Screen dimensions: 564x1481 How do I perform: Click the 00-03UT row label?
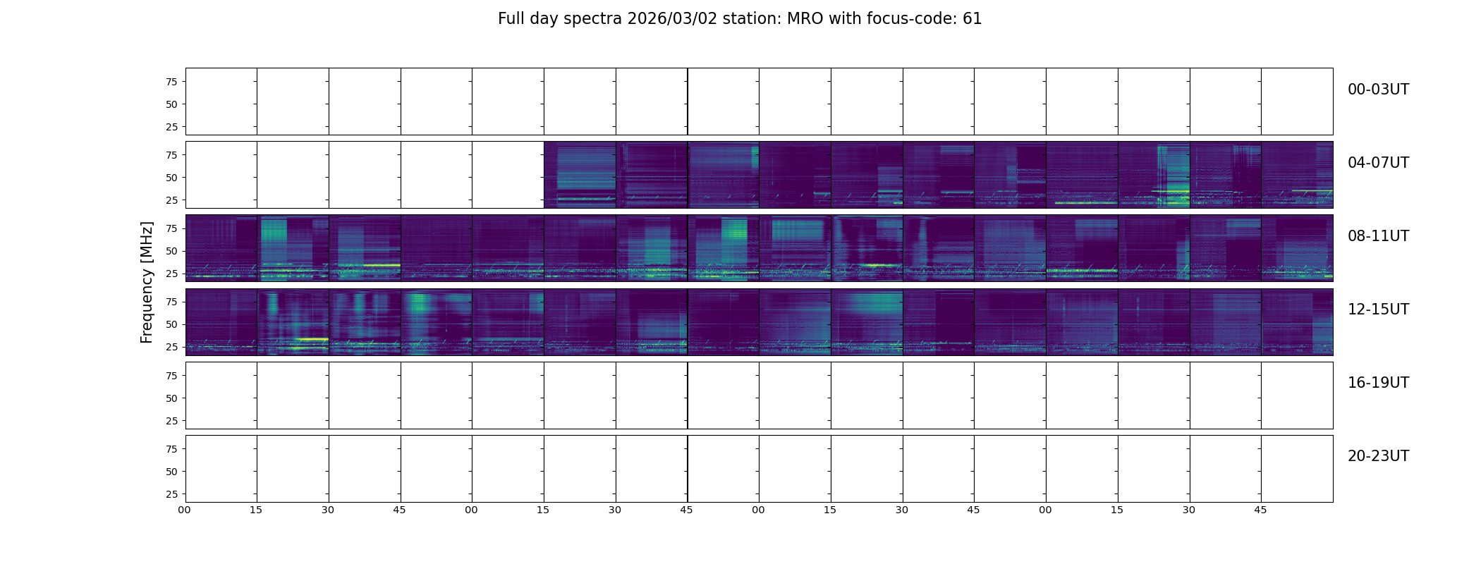click(x=1378, y=90)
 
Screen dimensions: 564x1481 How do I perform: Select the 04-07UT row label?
click(x=1378, y=163)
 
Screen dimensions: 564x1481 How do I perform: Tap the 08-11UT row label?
click(x=1378, y=236)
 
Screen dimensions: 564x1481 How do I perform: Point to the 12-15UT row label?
click(x=1378, y=309)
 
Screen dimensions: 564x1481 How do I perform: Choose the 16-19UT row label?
click(x=1378, y=383)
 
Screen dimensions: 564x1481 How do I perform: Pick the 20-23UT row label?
click(x=1378, y=456)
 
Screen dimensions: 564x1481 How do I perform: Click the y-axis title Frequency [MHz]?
click(x=147, y=282)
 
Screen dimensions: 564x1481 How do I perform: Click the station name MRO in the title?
click(x=797, y=19)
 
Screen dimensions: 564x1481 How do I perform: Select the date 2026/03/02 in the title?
click(x=672, y=19)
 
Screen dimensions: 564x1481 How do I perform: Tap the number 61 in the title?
click(x=972, y=19)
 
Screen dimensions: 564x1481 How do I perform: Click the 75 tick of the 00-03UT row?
click(x=171, y=82)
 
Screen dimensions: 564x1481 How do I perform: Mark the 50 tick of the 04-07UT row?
click(x=171, y=178)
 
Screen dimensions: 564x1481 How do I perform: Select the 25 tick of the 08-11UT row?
click(x=171, y=274)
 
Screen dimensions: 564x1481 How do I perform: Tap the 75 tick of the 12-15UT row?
click(x=171, y=302)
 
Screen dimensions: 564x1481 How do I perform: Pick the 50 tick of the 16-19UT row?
click(x=171, y=398)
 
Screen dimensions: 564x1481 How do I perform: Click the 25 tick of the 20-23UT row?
click(x=171, y=494)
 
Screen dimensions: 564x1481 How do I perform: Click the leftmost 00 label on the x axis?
click(x=185, y=510)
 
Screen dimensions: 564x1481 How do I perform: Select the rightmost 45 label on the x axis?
click(x=1260, y=510)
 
